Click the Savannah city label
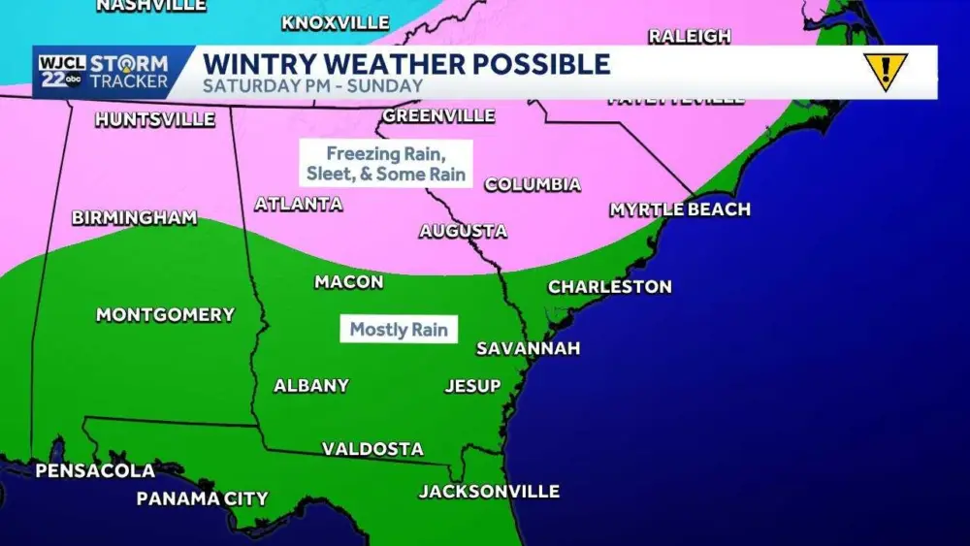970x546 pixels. coord(528,348)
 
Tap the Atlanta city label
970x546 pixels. coord(298,205)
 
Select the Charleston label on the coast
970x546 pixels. coord(609,287)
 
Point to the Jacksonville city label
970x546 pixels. coord(489,492)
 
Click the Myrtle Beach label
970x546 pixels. coord(679,209)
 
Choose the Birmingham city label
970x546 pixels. coord(134,218)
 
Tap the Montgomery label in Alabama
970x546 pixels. coord(165,314)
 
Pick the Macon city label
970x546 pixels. coord(348,282)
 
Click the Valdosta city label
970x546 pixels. coord(372,449)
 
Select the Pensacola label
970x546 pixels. coord(95,471)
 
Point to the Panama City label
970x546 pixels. coord(202,498)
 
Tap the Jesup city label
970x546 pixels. coord(472,386)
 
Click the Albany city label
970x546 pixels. coord(311,385)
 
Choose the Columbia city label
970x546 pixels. coord(532,184)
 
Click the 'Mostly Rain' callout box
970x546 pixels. coord(399,330)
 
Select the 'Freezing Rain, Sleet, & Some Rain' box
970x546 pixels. coord(385,164)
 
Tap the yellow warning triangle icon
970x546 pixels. coord(885,72)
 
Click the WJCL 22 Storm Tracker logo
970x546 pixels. coord(103,73)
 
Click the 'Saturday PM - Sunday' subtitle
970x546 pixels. coord(312,85)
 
